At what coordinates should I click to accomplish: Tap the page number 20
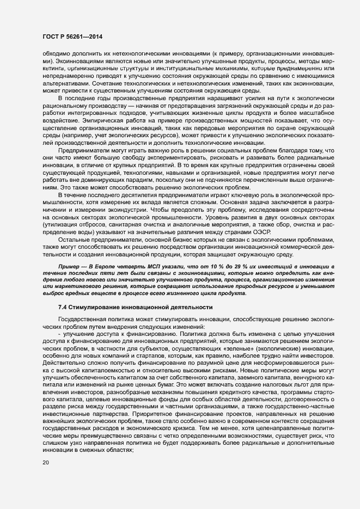tap(46, 463)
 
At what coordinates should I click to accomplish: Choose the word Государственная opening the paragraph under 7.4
tap(83, 318)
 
